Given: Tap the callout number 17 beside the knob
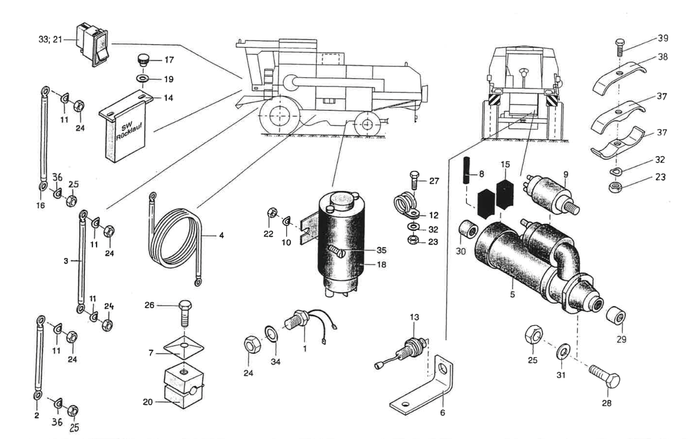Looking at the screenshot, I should (169, 60).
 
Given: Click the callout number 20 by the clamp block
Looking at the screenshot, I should (148, 402).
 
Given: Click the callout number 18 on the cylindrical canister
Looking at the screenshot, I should (381, 264).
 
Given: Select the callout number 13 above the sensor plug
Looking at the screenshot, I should (414, 317).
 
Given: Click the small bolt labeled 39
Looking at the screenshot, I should (619, 47).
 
